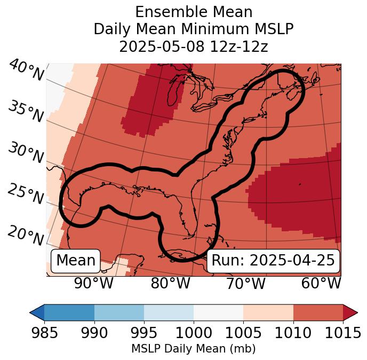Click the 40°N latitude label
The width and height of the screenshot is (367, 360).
pos(25,71)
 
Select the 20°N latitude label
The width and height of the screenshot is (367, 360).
pos(25,235)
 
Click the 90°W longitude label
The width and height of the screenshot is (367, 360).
pos(93,283)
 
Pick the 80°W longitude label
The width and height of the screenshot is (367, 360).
pos(170,283)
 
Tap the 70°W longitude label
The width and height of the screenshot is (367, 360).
pos(246,283)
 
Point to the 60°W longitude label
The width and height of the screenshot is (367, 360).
pos(321,283)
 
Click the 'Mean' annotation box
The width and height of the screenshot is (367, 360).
pos(76,261)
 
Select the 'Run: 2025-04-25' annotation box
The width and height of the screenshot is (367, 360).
pos(273,261)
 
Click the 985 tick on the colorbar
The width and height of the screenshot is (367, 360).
pos(44,333)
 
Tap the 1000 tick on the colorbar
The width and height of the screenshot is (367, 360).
pos(194,333)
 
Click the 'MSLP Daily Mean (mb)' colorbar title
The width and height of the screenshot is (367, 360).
pos(193,349)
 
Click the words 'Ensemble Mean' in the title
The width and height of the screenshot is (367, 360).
pos(193,12)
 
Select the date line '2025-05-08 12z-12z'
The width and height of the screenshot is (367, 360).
pos(193,46)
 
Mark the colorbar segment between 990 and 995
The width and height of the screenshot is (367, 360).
pos(119,312)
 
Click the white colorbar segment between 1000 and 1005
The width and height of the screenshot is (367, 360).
pos(218,312)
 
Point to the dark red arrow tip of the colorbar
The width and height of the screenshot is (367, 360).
pos(351,312)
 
